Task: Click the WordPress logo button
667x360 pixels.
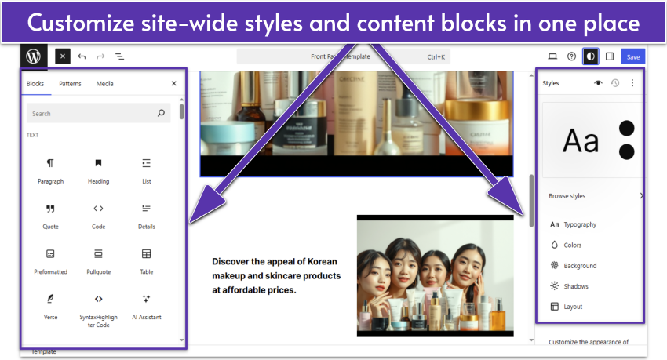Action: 34,56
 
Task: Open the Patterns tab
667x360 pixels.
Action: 70,83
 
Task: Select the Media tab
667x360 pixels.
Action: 104,83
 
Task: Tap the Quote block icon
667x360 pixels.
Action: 50,209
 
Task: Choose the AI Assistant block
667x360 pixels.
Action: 146,305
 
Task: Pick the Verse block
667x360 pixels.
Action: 50,305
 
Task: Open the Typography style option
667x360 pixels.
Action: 579,224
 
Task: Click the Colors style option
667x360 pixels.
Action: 572,245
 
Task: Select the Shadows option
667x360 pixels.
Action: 575,286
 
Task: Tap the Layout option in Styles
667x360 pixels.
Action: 573,307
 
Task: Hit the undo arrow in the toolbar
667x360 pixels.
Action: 82,56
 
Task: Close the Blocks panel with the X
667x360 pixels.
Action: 173,83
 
